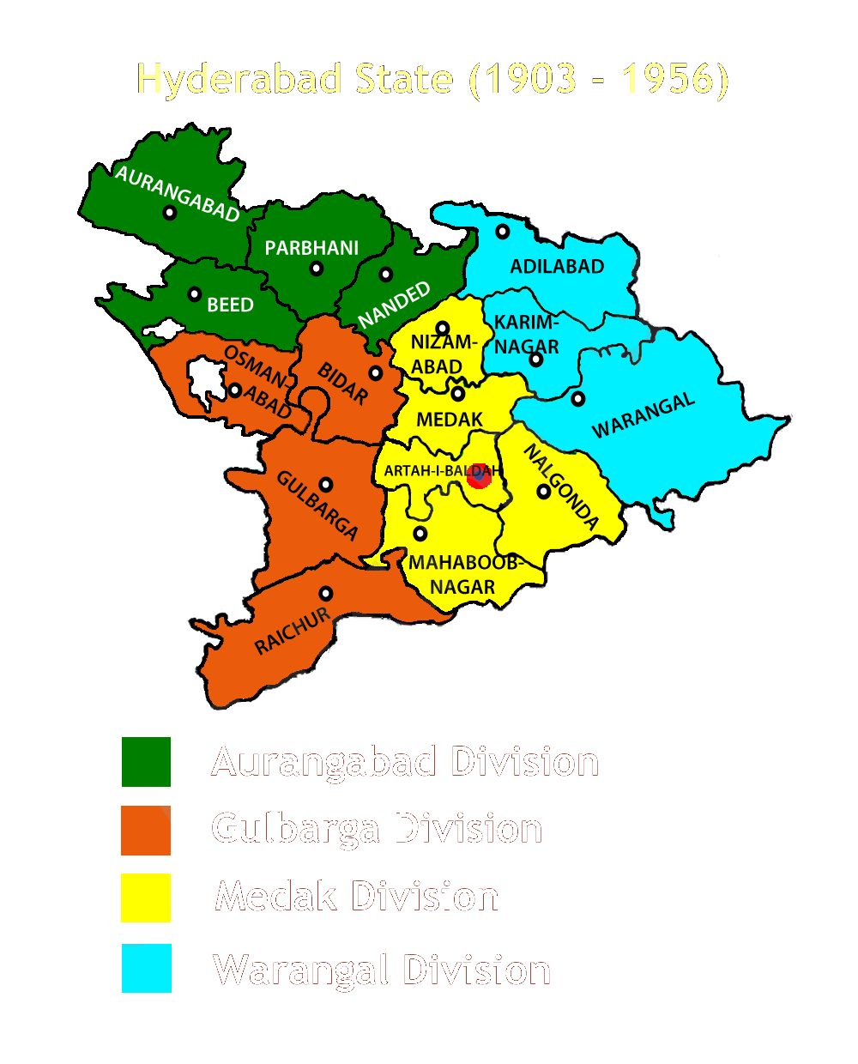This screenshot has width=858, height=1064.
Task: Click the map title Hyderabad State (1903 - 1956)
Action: (x=432, y=79)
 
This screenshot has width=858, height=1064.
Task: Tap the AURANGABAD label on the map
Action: (x=178, y=194)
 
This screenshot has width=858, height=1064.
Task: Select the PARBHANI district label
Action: (x=311, y=248)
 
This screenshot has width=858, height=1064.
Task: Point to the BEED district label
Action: (x=230, y=305)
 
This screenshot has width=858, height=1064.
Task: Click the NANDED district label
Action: (x=394, y=305)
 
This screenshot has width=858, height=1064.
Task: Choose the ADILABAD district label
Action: (x=557, y=266)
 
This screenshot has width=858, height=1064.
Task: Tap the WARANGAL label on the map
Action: (x=643, y=417)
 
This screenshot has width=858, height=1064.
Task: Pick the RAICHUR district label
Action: (x=293, y=632)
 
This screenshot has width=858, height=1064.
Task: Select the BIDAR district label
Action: (x=343, y=384)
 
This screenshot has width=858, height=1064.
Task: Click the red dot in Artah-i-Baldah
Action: (x=479, y=477)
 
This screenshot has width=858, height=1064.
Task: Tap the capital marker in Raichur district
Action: (x=326, y=593)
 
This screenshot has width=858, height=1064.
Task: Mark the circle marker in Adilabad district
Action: (x=503, y=232)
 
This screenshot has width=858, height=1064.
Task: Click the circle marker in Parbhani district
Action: (x=317, y=269)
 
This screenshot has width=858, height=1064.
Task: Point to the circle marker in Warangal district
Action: (x=578, y=398)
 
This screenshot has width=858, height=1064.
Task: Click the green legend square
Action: (x=146, y=762)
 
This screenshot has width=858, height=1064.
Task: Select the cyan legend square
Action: (x=146, y=968)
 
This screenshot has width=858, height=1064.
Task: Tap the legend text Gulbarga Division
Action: (x=377, y=829)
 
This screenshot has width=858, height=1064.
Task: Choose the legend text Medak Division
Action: (x=357, y=897)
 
